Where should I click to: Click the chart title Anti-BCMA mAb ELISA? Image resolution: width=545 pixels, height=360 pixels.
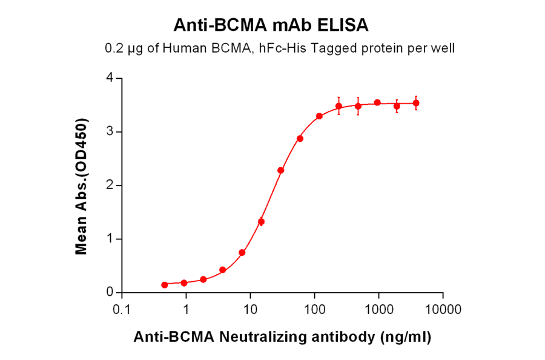(271, 25)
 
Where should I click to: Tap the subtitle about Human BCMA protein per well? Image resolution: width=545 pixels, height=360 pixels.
(279, 48)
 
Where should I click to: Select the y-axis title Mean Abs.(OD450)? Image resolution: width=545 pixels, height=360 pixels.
(81, 186)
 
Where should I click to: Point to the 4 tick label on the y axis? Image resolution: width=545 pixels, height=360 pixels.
(110, 78)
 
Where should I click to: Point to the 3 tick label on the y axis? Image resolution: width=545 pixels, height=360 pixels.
(110, 132)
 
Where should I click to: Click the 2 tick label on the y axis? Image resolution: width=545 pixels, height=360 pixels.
(110, 185)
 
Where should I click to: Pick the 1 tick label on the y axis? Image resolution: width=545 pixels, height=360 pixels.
(110, 239)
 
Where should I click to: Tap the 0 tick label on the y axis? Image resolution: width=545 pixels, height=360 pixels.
(110, 292)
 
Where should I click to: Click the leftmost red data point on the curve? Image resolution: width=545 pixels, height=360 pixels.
(165, 285)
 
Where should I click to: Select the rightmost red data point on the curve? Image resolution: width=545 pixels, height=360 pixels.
(416, 103)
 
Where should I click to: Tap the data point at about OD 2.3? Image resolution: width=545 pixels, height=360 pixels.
(281, 170)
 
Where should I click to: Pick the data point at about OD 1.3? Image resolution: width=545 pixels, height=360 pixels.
(261, 222)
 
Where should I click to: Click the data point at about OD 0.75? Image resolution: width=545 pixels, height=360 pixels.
(242, 252)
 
